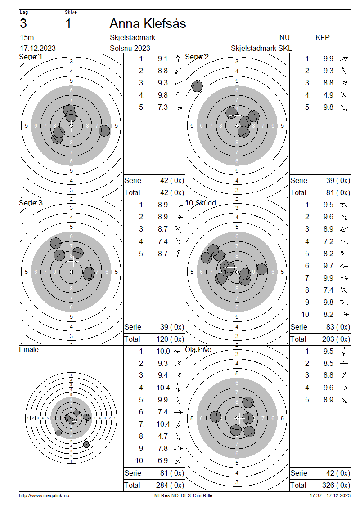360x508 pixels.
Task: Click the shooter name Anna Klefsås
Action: tap(148, 24)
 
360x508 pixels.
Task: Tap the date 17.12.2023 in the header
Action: tap(38, 48)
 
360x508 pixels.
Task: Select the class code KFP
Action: tap(323, 38)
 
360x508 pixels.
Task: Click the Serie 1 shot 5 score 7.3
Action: tap(163, 107)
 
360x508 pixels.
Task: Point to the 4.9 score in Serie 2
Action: tap(328, 95)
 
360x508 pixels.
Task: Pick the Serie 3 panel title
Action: tap(31, 203)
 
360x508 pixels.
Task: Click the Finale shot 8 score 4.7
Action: tap(163, 437)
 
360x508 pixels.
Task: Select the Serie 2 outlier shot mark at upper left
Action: tap(197, 86)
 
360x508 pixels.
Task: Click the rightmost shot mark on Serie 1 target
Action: tap(104, 130)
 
